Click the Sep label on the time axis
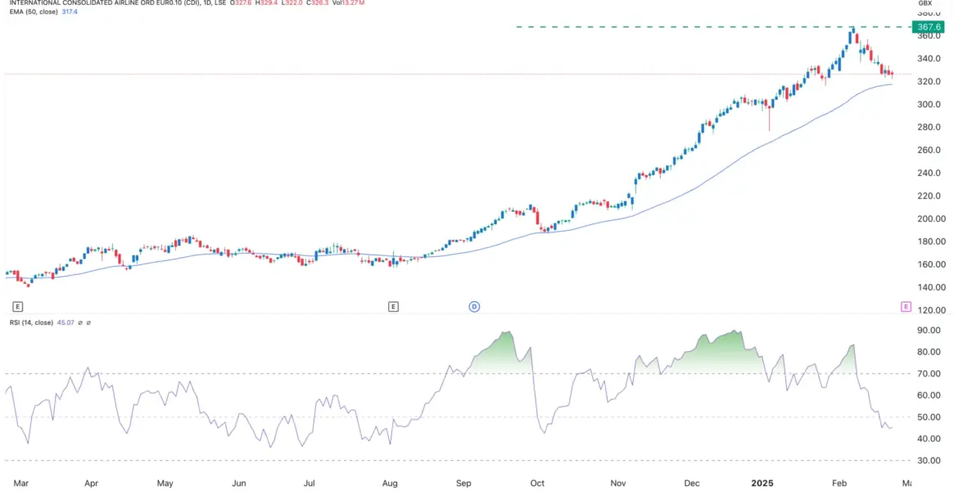(x=465, y=484)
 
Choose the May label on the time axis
(x=165, y=484)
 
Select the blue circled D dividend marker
(x=473, y=307)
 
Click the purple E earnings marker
(x=906, y=307)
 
